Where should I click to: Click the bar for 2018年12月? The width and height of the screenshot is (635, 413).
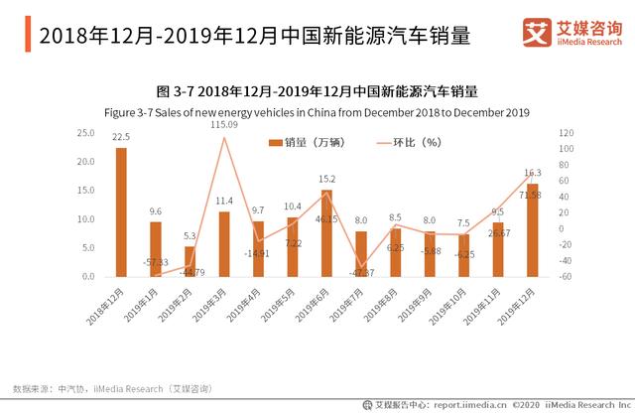[x=121, y=211]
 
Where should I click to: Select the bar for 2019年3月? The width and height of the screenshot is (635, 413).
[x=224, y=243]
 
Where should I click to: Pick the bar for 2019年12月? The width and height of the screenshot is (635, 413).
[x=532, y=229]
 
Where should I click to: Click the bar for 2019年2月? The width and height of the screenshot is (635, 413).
[x=190, y=261]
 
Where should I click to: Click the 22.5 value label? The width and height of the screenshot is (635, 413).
[x=121, y=137]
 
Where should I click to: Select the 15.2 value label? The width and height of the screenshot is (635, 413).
[x=326, y=179]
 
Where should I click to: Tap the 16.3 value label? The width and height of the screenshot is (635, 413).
[x=532, y=172]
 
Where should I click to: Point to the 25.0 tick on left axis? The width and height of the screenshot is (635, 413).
[x=85, y=132]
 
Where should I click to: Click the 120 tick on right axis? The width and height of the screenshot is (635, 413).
[x=566, y=132]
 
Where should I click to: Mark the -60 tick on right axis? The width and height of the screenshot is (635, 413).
[x=565, y=276]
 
